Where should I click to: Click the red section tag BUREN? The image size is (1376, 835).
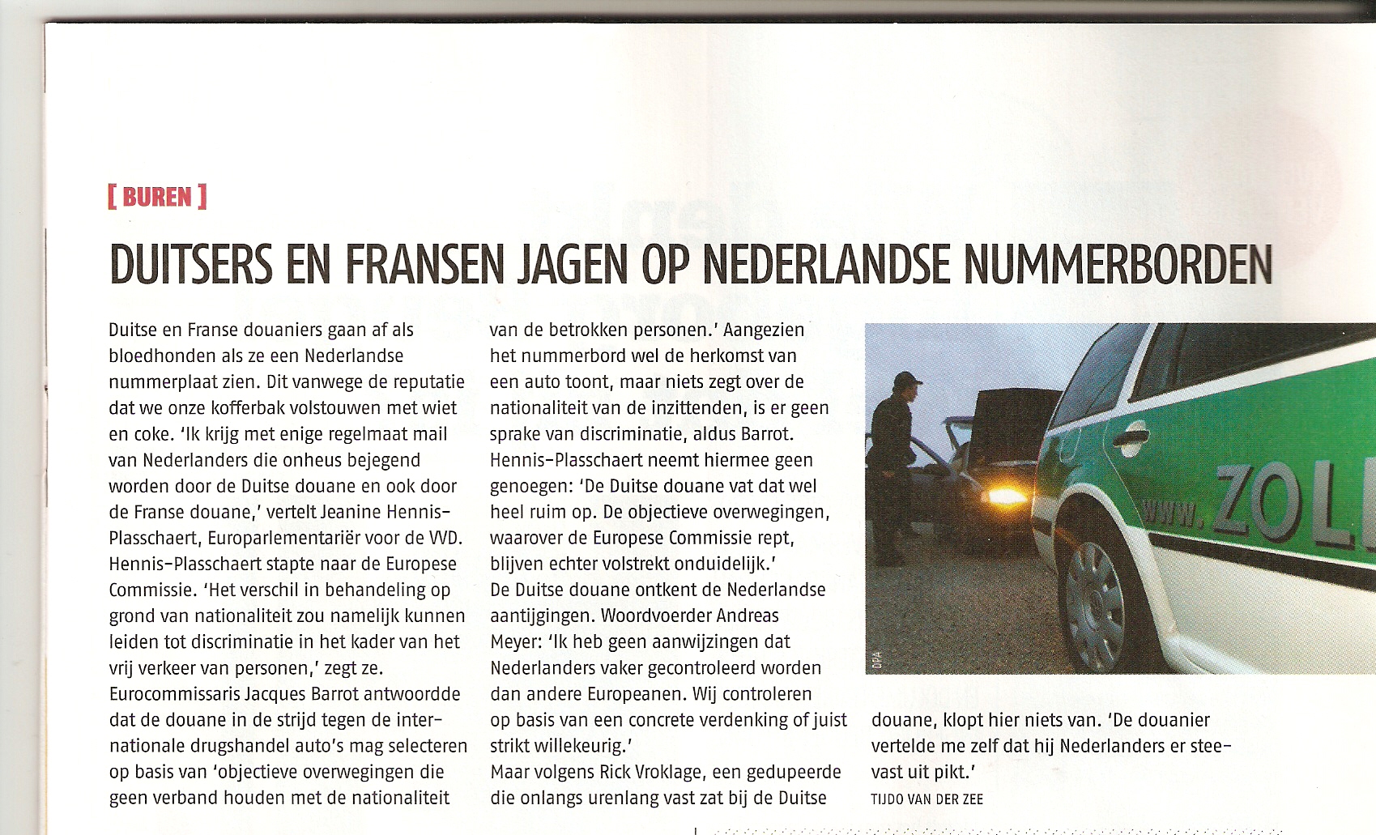click(157, 197)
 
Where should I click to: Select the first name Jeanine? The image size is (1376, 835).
click(352, 512)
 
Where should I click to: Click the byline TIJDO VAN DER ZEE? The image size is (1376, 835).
click(927, 799)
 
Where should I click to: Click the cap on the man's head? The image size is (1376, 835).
click(907, 378)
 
